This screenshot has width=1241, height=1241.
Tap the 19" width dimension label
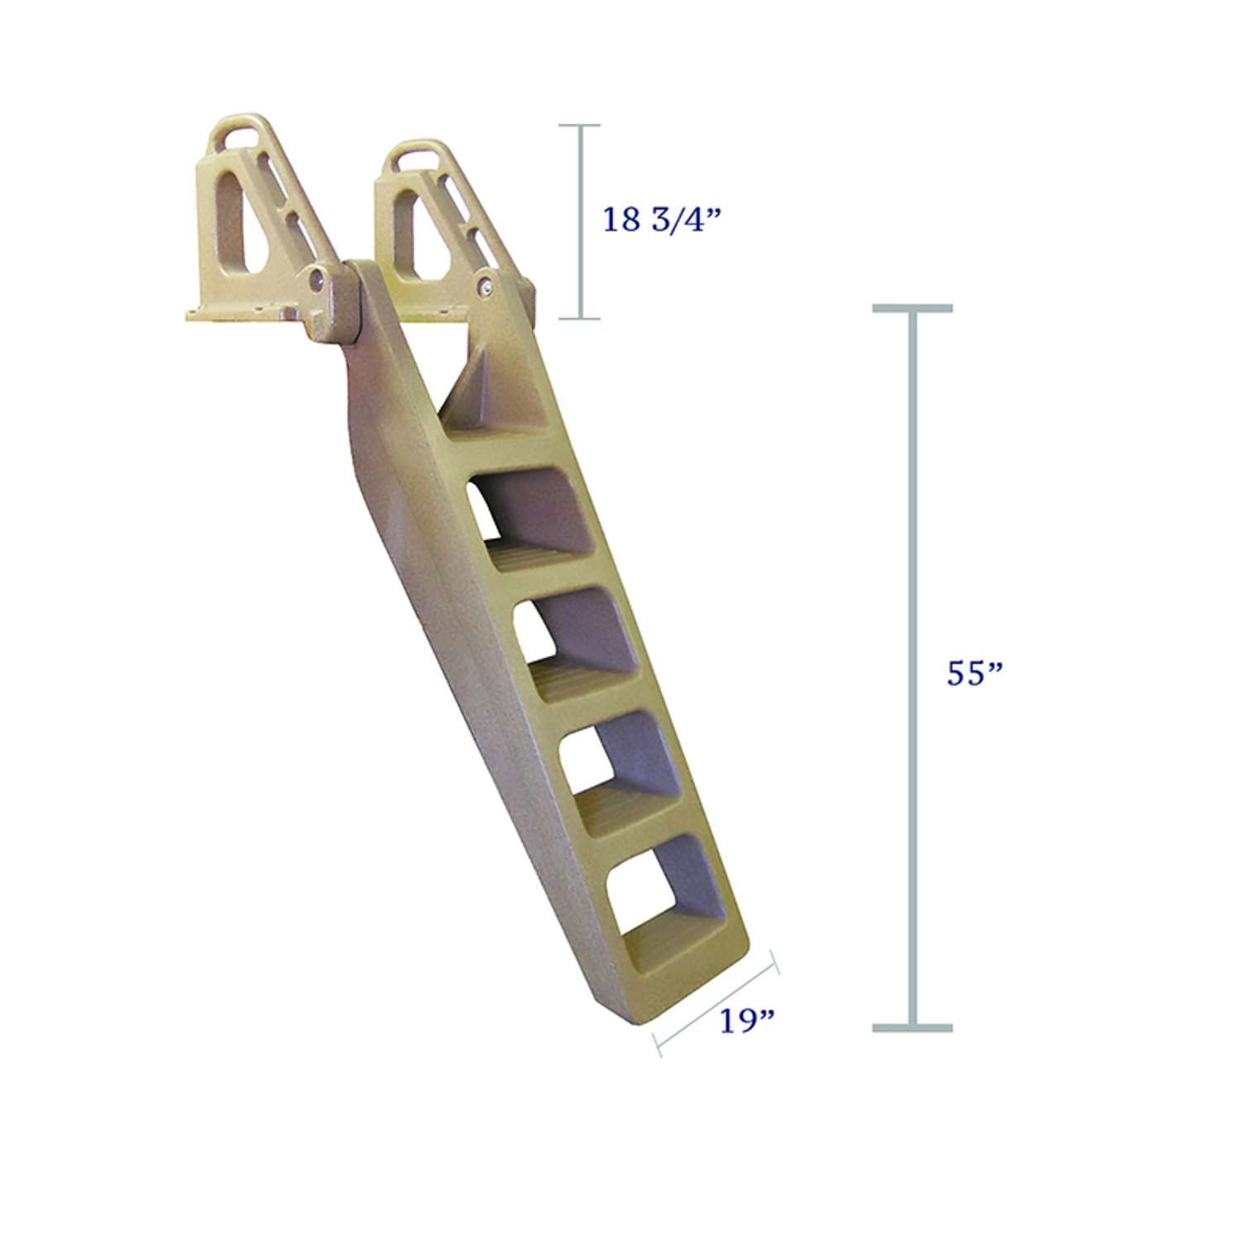pos(746,1021)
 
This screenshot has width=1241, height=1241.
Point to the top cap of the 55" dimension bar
pos(913,309)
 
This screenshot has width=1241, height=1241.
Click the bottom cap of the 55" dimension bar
pos(913,1028)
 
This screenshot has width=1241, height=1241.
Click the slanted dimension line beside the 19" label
pos(716,1003)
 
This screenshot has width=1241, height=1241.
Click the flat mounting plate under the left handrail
pos(240,313)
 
